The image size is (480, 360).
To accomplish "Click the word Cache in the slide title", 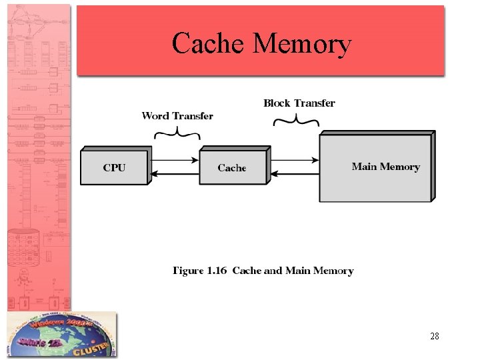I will (x=209, y=43).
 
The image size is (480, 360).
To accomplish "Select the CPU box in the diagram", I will (x=114, y=167).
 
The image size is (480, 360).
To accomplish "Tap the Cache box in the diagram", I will (x=233, y=167).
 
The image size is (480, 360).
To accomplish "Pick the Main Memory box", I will (x=375, y=167).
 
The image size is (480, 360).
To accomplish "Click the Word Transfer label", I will (x=177, y=116).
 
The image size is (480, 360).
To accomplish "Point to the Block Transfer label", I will (x=299, y=103).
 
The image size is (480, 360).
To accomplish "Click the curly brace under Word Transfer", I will (x=177, y=133).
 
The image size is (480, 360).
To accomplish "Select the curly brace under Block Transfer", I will (x=297, y=121).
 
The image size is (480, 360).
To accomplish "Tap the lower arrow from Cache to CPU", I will (x=175, y=175).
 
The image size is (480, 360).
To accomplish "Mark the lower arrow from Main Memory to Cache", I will (x=295, y=175).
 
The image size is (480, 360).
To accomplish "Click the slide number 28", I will (x=434, y=336).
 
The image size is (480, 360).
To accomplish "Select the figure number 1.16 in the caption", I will (x=217, y=271).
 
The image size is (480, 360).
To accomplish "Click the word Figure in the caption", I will (x=188, y=271).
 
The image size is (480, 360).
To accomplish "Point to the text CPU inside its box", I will (x=114, y=167).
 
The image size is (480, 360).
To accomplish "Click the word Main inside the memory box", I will (x=364, y=167).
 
